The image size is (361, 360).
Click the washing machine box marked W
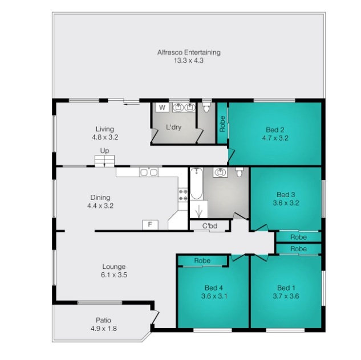point(163,107)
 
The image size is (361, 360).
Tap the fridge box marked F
point(150,224)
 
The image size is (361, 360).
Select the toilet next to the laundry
point(206,107)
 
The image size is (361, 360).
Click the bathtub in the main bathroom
point(196,183)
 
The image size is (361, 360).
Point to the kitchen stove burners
point(183,195)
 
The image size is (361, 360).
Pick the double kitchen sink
point(149,172)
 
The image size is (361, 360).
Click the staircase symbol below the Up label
point(104,161)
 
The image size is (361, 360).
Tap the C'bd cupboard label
point(210,226)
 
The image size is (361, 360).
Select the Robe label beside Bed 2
point(222,124)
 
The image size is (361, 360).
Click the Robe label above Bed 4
point(202,260)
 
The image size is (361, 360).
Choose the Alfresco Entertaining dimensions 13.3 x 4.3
point(189,61)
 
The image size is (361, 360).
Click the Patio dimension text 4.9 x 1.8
point(104,329)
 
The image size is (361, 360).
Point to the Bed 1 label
point(286,288)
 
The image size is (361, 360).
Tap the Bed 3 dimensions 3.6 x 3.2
point(286,203)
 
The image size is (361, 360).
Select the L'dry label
point(174,127)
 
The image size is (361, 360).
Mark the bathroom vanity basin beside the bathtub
point(220,172)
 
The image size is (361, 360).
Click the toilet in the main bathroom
point(240,172)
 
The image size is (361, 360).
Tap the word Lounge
point(114,267)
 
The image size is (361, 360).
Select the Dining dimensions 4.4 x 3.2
point(100,206)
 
